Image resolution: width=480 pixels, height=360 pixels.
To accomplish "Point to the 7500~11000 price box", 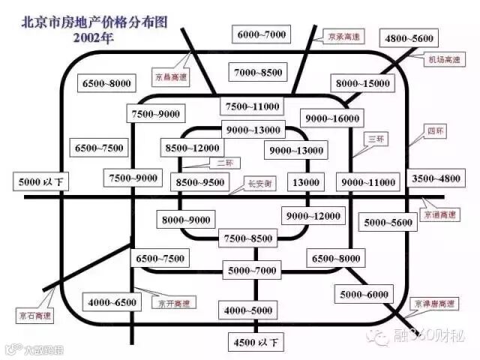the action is click(250, 106).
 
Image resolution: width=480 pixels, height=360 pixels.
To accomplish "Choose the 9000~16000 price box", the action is click(331, 118).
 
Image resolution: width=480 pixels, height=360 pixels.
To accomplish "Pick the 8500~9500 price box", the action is click(199, 181).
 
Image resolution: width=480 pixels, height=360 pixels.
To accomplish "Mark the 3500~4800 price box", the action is click(436, 178).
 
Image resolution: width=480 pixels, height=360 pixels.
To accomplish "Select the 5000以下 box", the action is click(40, 181).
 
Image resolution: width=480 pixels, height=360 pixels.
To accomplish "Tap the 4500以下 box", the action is click(254, 343).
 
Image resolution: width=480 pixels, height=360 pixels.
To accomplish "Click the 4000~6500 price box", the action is click(112, 303).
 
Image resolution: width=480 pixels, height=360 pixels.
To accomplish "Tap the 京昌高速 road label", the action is click(171, 76).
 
